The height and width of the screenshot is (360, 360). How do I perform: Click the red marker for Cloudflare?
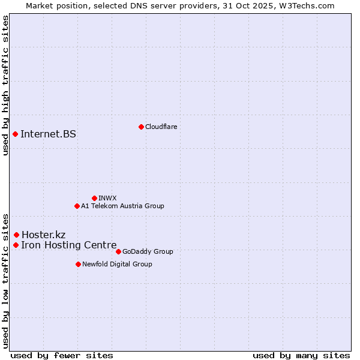(x=141, y=127)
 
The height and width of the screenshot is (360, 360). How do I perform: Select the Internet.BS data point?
(x=15, y=134)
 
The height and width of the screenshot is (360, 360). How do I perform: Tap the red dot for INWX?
(x=94, y=198)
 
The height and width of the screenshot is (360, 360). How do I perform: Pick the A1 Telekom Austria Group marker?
(x=77, y=206)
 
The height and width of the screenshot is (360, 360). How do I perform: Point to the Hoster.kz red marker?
(x=16, y=235)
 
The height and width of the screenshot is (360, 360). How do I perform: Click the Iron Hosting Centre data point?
(x=16, y=245)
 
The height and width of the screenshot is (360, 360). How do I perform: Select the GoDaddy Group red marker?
(x=118, y=251)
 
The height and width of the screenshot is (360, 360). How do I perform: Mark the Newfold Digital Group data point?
(x=78, y=264)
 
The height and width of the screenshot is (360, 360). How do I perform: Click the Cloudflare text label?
(x=161, y=127)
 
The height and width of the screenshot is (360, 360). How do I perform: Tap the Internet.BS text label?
(x=48, y=134)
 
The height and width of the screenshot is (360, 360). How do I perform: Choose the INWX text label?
(x=107, y=198)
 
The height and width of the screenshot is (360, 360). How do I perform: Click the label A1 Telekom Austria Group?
(x=122, y=206)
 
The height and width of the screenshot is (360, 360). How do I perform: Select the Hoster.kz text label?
(x=43, y=235)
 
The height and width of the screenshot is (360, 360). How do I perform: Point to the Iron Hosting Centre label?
(x=68, y=245)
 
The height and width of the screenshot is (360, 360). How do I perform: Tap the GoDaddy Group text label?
(x=148, y=251)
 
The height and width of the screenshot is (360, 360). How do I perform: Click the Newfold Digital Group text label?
(x=117, y=264)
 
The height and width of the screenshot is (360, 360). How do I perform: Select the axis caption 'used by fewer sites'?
(x=62, y=355)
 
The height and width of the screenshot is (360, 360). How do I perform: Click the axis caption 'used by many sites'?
(x=301, y=355)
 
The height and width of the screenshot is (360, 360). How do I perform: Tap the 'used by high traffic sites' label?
(x=5, y=85)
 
